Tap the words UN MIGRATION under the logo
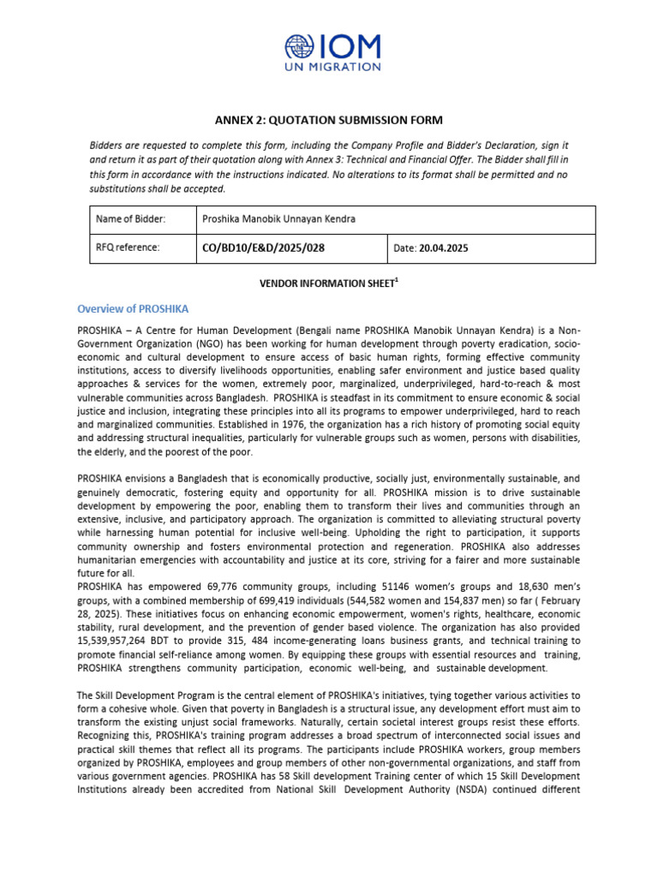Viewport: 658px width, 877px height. (x=332, y=66)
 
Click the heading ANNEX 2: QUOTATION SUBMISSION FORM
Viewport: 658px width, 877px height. (x=328, y=121)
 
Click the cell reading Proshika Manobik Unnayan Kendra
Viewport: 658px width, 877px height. (x=278, y=219)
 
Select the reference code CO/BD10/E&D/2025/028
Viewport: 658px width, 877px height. (x=263, y=248)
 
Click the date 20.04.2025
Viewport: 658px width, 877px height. (x=443, y=249)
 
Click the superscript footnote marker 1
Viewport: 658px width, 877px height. (x=396, y=278)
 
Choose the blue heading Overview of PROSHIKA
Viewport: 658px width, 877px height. (x=133, y=308)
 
